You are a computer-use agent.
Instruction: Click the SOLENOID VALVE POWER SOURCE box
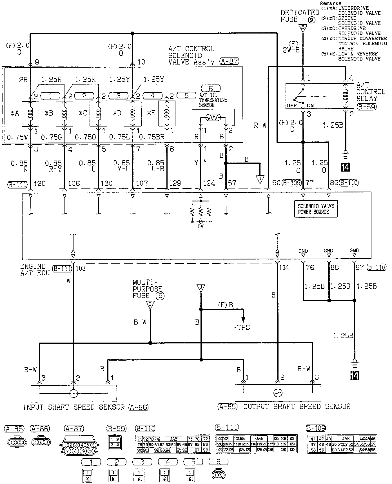coord(315,209)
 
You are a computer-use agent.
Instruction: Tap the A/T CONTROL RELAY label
coord(370,92)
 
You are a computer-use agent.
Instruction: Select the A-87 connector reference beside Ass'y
coord(230,61)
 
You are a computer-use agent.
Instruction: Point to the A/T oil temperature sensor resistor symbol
coord(213,118)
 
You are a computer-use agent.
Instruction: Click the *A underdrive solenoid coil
coord(30,113)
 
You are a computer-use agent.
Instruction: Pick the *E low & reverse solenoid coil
coord(167,113)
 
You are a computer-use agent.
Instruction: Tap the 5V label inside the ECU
coord(201,226)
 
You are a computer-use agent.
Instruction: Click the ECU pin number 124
coord(209,183)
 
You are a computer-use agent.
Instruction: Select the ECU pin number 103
coord(81,268)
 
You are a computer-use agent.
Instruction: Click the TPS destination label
coord(242,327)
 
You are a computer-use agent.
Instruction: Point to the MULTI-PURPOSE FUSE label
coord(147,289)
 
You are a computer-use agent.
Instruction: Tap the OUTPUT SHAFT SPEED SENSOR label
coord(297,407)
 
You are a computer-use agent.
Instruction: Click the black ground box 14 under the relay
coord(346,167)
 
